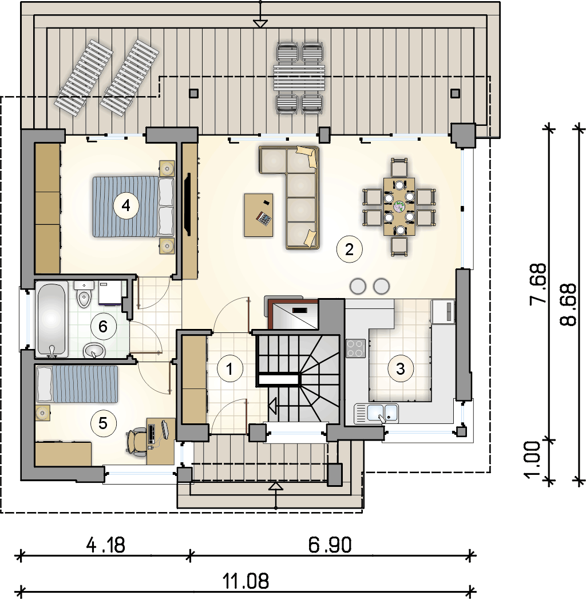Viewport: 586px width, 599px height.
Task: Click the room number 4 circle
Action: (x=126, y=206)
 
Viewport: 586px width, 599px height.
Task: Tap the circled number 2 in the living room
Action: (x=349, y=249)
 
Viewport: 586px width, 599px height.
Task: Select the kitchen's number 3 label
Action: (x=401, y=368)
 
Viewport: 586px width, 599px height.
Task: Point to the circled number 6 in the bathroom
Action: (x=103, y=327)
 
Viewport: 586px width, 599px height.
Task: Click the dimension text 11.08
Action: (x=246, y=581)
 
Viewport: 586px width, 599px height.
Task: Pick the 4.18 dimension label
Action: (x=105, y=545)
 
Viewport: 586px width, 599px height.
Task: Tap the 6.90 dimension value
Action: (x=330, y=545)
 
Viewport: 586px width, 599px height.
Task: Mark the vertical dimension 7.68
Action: (x=537, y=283)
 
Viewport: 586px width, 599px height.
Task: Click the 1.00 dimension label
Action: (x=532, y=459)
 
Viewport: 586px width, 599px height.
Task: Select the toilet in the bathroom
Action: (x=84, y=294)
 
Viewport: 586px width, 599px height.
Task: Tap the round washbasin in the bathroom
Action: (x=94, y=350)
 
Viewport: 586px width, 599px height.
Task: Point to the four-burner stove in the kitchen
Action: (x=355, y=348)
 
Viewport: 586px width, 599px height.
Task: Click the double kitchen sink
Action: (x=377, y=413)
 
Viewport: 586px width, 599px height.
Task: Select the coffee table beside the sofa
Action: (x=259, y=215)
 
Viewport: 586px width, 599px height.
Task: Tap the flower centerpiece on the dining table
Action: (x=399, y=207)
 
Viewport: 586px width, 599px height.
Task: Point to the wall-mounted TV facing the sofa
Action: (x=188, y=205)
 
